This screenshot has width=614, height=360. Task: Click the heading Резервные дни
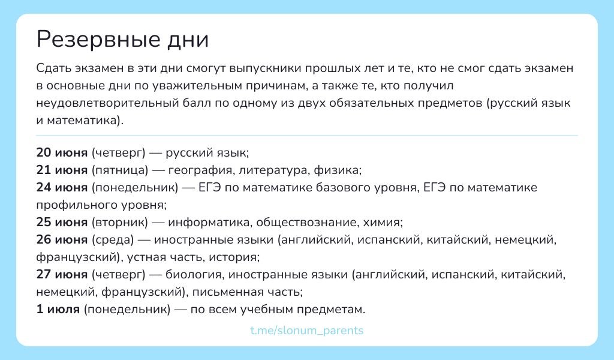(122, 40)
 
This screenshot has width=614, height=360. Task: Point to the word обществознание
(306, 223)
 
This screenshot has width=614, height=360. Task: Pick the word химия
(381, 223)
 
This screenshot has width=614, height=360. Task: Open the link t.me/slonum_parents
(307, 331)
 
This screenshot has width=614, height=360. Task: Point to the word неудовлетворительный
(103, 103)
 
